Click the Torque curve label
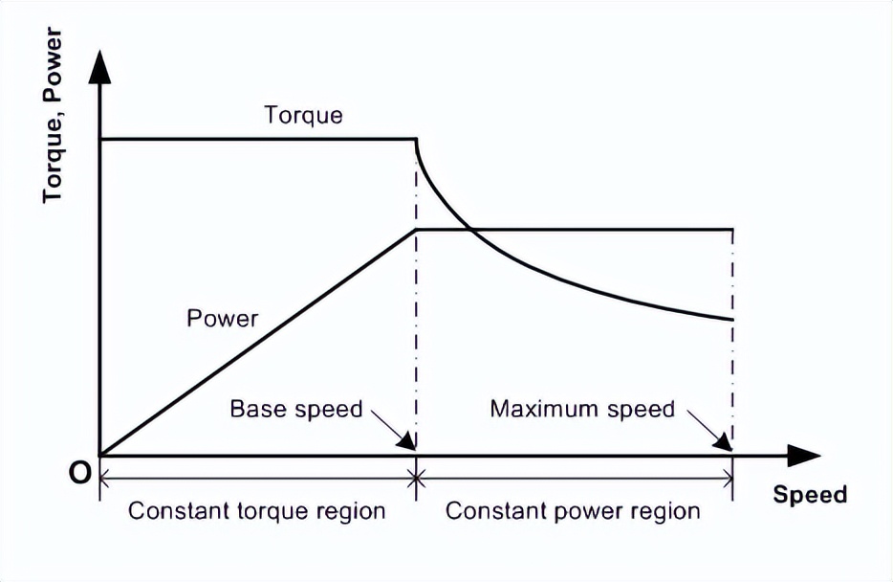click(x=302, y=117)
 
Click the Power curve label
click(x=223, y=318)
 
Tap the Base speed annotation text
click(x=296, y=410)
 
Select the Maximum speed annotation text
click(x=582, y=410)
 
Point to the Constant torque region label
click(x=256, y=511)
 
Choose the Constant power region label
click(x=573, y=511)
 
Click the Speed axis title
click(x=810, y=495)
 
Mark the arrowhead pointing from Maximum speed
click(x=724, y=441)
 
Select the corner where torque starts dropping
click(x=416, y=140)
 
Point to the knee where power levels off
click(x=416, y=229)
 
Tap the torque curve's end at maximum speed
click(x=732, y=320)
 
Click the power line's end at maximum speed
click(x=732, y=229)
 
